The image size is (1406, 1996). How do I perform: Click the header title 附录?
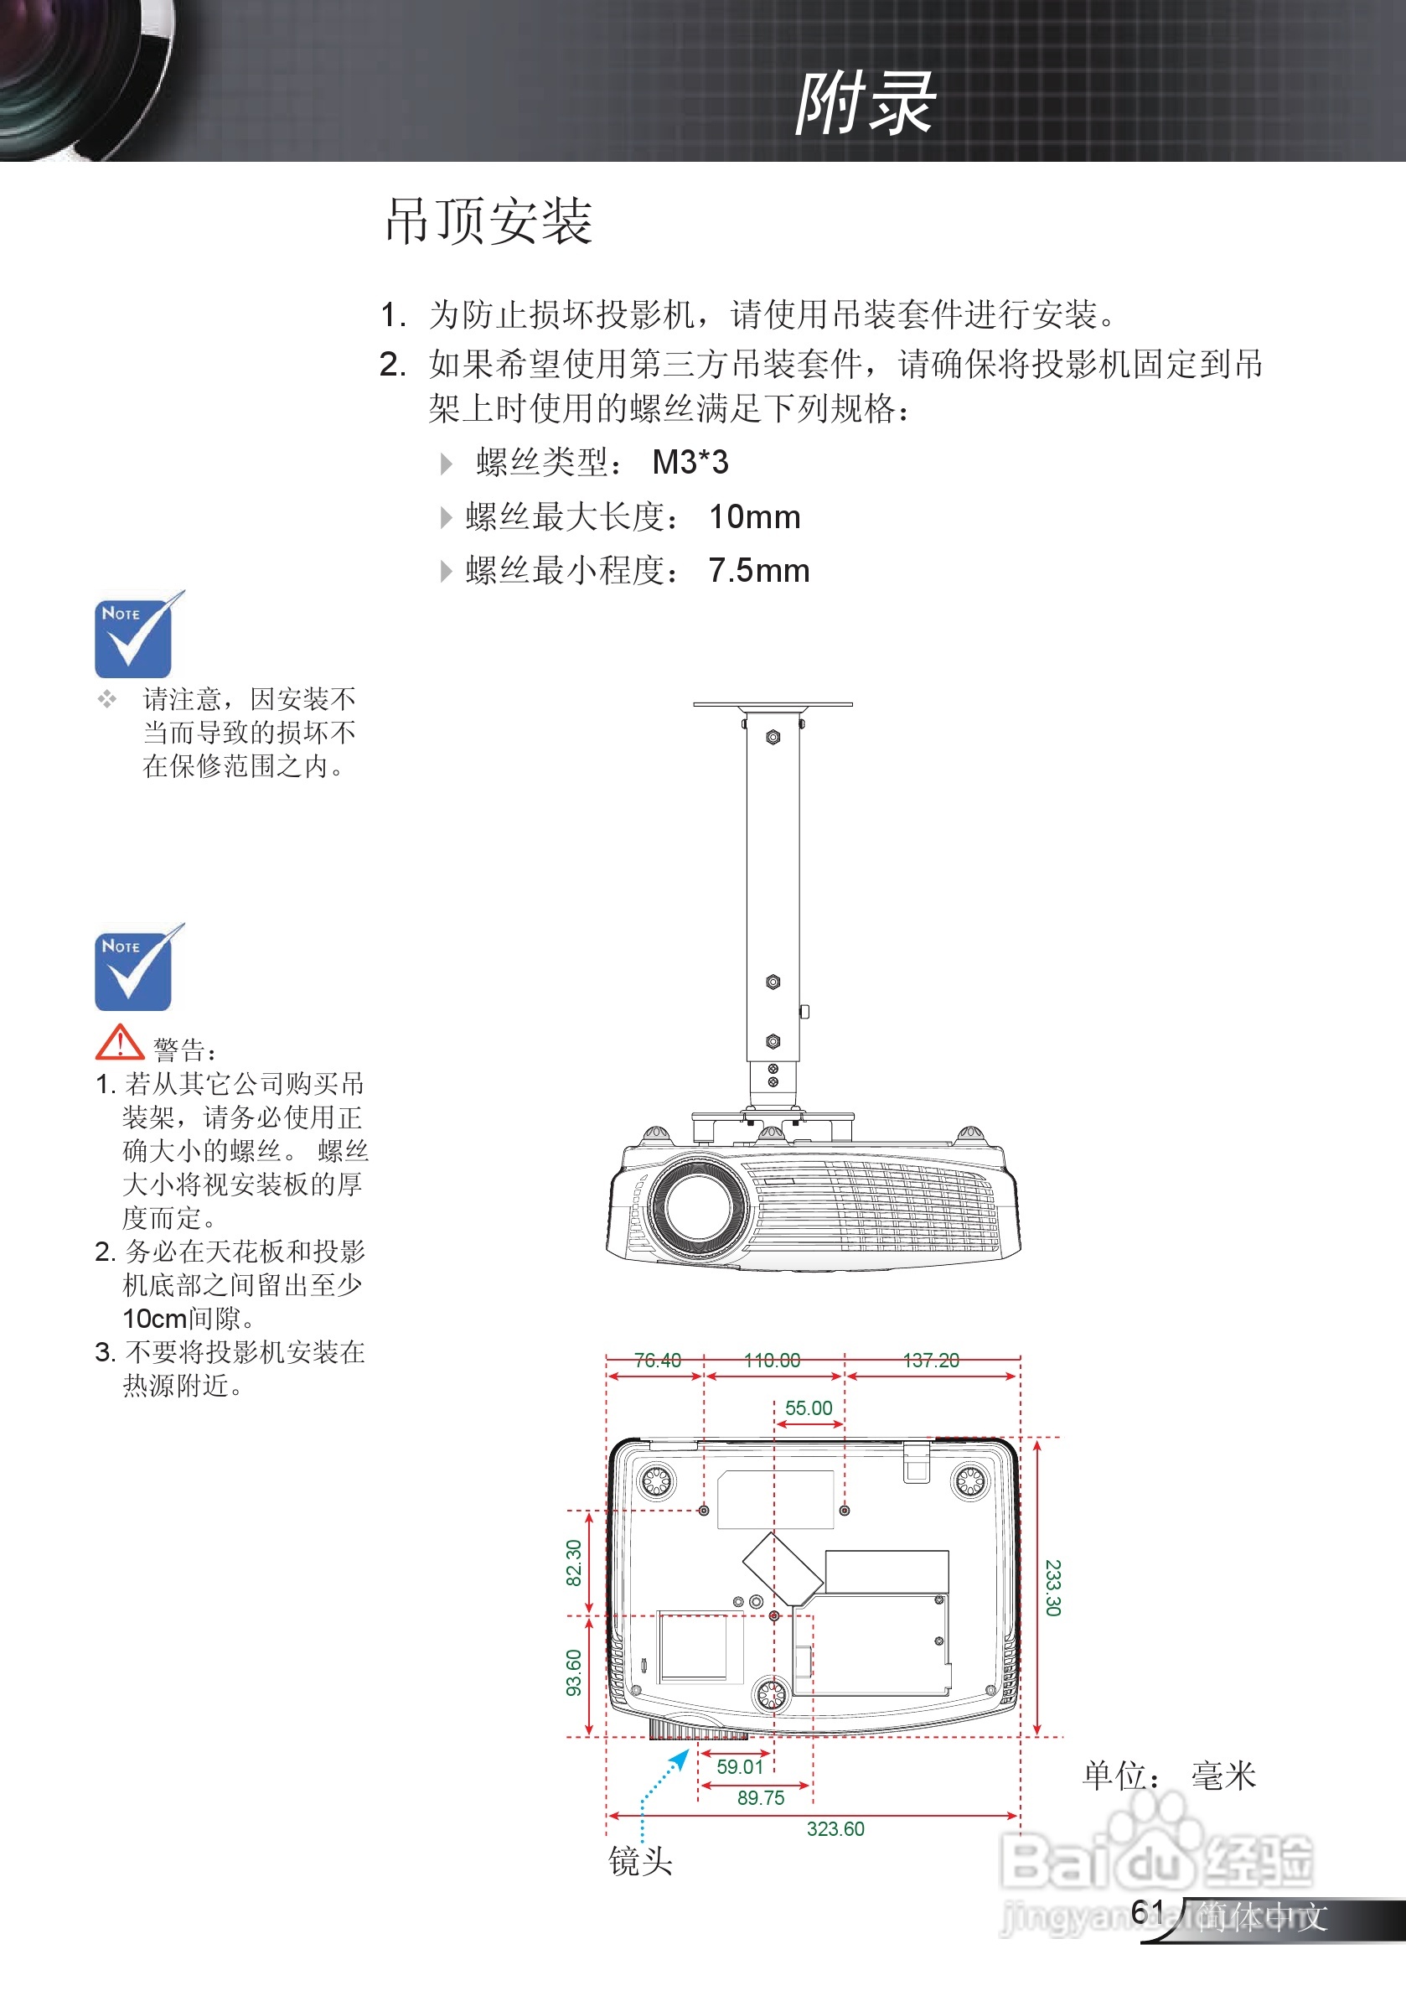tap(864, 103)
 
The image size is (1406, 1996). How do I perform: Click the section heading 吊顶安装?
tap(488, 220)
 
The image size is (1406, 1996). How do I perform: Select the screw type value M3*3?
tap(690, 463)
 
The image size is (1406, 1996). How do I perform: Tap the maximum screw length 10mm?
tap(754, 517)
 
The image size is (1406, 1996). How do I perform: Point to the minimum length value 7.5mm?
tap(758, 571)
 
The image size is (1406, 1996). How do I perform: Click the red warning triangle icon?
tap(119, 1042)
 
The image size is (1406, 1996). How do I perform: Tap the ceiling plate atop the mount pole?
tap(773, 704)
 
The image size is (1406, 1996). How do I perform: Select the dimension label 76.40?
tap(657, 1361)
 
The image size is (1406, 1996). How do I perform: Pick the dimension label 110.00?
tap(773, 1361)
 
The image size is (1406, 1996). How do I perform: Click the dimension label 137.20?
tap(931, 1361)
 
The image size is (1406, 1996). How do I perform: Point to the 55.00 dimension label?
tap(808, 1408)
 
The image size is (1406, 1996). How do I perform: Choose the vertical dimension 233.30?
tap(1052, 1588)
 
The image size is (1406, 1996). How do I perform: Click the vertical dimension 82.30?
tap(573, 1563)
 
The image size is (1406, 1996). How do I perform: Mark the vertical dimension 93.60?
tap(573, 1672)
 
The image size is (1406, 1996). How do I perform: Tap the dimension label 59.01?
tap(740, 1766)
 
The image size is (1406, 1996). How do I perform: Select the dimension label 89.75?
tap(760, 1798)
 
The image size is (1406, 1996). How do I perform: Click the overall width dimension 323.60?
tap(835, 1829)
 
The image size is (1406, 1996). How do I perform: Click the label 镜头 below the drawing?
tap(640, 1861)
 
